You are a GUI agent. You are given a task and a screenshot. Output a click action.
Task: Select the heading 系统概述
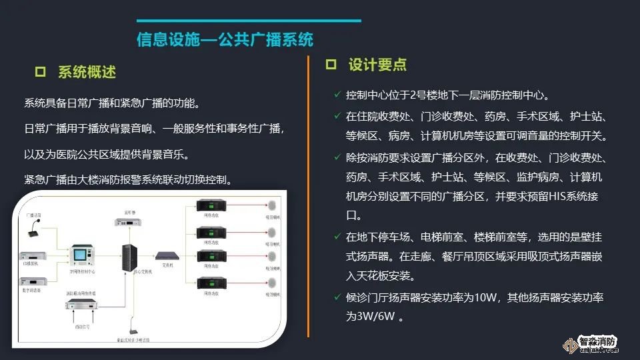(87, 72)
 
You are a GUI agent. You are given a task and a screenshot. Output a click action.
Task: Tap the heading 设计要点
(377, 65)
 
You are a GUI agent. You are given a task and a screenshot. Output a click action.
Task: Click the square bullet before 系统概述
(39, 71)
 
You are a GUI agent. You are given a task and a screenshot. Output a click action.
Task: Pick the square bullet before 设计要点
(331, 65)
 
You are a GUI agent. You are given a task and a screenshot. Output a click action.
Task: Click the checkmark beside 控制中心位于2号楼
(337, 95)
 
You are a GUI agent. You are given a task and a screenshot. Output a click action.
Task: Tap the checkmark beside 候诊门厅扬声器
(337, 297)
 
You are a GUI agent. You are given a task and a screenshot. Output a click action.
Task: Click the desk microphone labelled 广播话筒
(35, 231)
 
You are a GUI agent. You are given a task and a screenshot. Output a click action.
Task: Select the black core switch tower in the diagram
(129, 256)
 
